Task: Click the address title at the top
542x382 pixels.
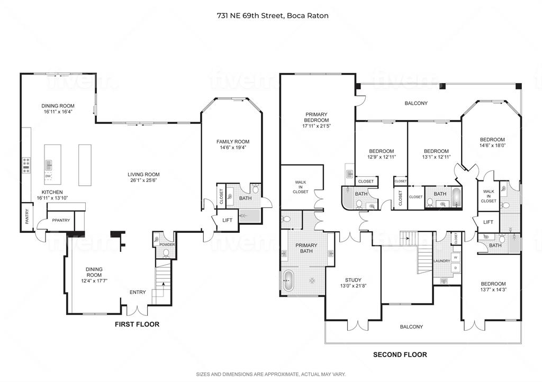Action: (273, 15)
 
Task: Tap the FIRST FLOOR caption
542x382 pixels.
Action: (137, 324)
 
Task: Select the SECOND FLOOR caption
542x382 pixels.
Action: (400, 354)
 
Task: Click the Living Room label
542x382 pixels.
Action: (143, 175)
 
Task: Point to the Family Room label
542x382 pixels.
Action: (232, 141)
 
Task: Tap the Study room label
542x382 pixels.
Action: (353, 280)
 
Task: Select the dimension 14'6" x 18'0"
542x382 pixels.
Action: (492, 146)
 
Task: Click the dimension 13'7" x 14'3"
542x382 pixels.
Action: (493, 289)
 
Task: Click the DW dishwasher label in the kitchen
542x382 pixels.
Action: (48, 176)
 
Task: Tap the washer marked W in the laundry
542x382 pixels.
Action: (455, 258)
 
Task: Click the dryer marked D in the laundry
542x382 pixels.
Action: (455, 268)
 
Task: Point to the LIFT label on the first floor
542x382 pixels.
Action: (227, 220)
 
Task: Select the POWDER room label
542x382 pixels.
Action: (167, 244)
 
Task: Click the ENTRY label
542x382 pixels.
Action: (137, 292)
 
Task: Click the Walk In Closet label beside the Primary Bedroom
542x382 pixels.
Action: (301, 187)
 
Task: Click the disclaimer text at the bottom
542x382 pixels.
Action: (270, 375)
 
